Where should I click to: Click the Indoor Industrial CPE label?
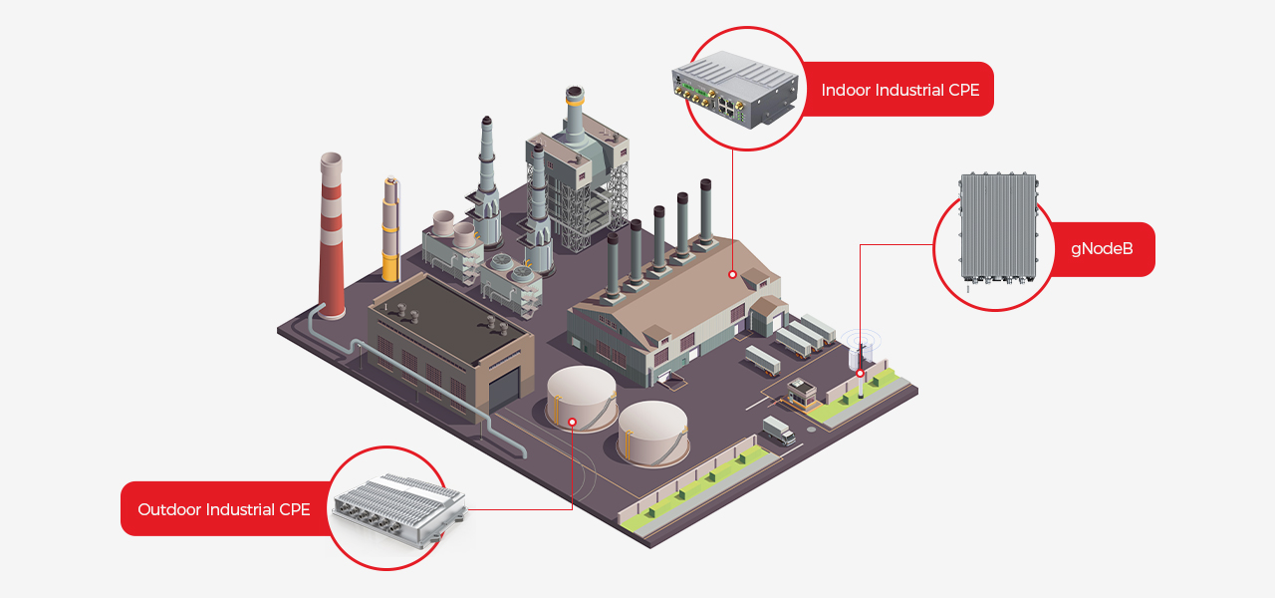(x=899, y=90)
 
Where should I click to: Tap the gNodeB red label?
(x=1102, y=249)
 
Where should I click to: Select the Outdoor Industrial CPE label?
(x=224, y=509)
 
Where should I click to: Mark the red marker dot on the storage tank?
(x=573, y=422)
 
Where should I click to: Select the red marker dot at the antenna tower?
(x=861, y=374)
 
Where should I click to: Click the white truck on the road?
(x=779, y=431)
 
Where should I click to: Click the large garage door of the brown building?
(x=504, y=389)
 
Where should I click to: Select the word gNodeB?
(x=1102, y=249)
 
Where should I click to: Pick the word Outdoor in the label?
(x=168, y=509)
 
